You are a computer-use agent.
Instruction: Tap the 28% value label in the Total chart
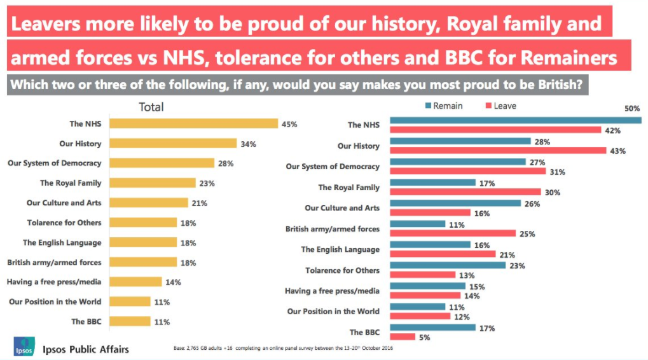pos(225,163)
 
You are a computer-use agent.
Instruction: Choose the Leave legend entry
pos(500,106)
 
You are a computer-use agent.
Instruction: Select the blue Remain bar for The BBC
pos(432,328)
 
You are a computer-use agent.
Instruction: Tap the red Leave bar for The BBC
pos(403,337)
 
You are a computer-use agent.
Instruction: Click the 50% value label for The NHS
pos(631,109)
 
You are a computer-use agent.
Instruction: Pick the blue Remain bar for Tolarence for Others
pos(448,265)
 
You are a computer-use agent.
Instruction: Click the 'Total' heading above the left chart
pos(151,107)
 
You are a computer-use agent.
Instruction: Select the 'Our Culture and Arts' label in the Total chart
pos(64,203)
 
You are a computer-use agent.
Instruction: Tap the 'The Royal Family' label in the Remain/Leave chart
pos(348,188)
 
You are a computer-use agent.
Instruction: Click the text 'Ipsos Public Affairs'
pos(86,349)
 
